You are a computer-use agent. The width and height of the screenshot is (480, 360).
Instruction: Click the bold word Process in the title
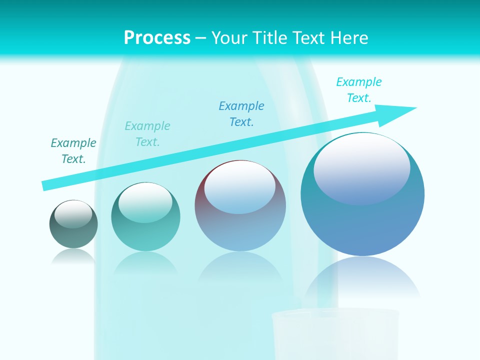coord(157,38)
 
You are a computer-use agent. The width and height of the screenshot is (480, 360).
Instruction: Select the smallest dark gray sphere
coord(73,224)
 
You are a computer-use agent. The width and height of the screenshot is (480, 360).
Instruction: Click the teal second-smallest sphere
coord(145,217)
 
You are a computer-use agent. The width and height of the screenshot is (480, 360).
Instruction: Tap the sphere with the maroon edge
coord(240,205)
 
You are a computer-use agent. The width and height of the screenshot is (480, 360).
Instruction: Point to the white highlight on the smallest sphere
coord(73,214)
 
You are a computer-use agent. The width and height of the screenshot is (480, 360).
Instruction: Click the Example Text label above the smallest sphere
coord(73,151)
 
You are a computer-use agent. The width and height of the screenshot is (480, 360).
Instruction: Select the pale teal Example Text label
coord(147,134)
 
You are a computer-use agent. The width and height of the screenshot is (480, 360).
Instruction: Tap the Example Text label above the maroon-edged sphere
coord(241,114)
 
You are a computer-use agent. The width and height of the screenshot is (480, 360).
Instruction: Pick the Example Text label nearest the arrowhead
coord(359,90)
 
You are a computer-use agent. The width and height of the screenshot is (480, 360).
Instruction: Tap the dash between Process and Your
coord(201,38)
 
